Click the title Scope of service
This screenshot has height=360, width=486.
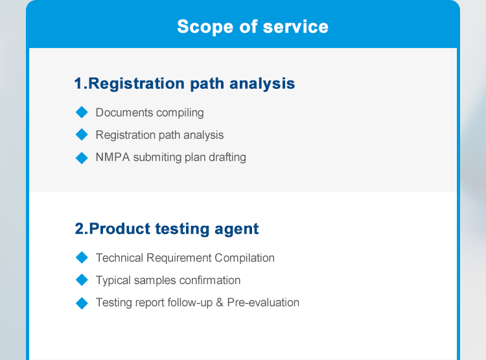coord(253,27)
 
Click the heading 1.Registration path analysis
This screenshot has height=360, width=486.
coord(185,84)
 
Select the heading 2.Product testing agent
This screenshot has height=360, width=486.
coord(167,229)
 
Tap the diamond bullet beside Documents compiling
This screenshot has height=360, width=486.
coord(82,112)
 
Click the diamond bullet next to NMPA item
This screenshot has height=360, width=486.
coord(82,158)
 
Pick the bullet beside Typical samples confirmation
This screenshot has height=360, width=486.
coord(82,280)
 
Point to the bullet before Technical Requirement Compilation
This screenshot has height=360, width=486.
coord(82,258)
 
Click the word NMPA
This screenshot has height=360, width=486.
coord(113,157)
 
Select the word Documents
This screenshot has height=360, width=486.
coord(124,112)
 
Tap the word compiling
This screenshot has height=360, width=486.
coord(180,113)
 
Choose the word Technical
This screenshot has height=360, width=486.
coord(120,258)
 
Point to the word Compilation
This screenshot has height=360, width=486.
coord(244,258)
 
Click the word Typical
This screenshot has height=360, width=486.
coord(113,281)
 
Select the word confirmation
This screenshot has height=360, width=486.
coord(210,280)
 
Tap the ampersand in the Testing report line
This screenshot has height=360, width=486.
coord(220,302)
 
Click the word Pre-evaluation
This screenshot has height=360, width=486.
coord(264,302)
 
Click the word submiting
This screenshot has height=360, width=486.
coord(157,158)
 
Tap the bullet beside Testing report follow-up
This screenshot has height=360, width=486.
coord(82,303)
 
